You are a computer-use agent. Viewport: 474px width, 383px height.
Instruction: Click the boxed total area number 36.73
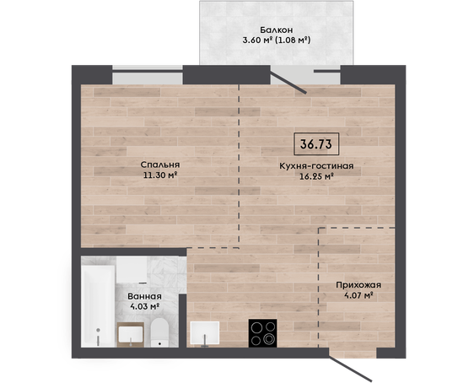click(316, 144)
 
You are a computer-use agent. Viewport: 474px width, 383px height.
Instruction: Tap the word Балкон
click(277, 30)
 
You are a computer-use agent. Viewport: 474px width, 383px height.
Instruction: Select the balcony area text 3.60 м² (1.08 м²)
click(277, 40)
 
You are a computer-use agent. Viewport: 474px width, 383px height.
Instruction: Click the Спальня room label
click(160, 165)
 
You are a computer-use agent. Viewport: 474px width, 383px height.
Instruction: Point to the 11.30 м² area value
click(160, 175)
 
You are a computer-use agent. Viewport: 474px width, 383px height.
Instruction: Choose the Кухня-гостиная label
click(316, 166)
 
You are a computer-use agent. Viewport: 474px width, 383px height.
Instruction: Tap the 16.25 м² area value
click(316, 176)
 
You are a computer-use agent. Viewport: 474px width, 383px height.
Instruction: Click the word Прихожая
click(358, 285)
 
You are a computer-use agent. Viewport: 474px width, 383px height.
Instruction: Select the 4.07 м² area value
click(358, 295)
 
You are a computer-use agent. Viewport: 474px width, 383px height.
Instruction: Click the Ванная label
click(144, 297)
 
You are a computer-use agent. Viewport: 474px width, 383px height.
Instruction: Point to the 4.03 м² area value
click(144, 306)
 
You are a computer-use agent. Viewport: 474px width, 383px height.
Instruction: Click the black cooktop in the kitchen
click(262, 333)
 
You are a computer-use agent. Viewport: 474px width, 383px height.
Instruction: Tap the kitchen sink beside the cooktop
click(205, 333)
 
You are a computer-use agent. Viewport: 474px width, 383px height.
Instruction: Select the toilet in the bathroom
click(159, 333)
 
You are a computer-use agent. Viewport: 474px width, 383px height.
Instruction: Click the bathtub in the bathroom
click(98, 306)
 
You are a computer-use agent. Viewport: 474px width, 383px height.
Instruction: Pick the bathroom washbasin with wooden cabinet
click(130, 335)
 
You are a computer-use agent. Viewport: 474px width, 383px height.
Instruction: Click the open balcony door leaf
click(288, 82)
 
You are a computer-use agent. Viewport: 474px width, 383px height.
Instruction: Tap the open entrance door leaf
click(350, 369)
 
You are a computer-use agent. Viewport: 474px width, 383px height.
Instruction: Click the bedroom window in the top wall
click(148, 75)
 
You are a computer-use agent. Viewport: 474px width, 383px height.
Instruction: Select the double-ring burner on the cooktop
click(269, 339)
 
